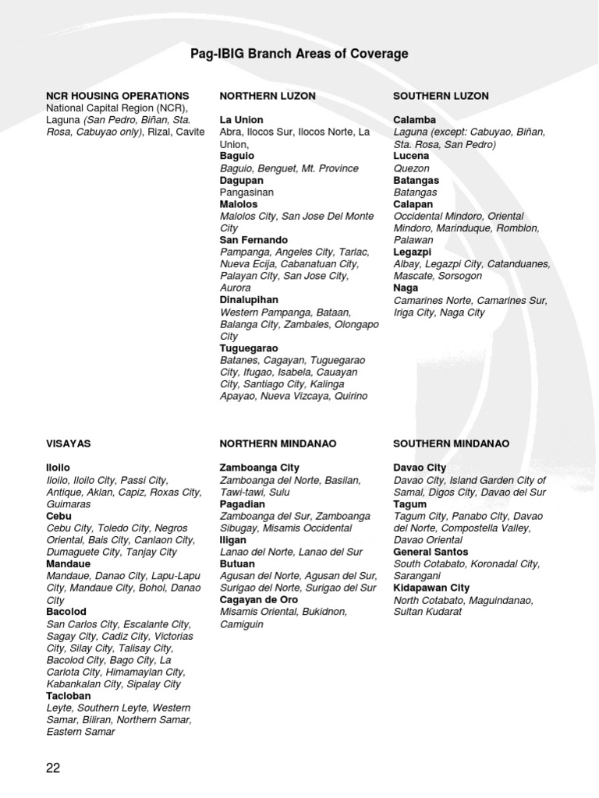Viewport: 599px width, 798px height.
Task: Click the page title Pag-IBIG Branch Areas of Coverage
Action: click(299, 54)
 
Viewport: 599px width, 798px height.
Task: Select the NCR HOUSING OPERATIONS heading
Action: click(118, 96)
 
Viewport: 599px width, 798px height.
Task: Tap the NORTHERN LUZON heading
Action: click(268, 96)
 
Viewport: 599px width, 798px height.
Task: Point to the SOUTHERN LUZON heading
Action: click(441, 96)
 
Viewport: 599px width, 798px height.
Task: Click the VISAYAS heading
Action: click(69, 443)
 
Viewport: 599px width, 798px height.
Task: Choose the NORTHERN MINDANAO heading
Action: click(278, 443)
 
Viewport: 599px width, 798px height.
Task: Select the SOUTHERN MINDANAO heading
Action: click(451, 443)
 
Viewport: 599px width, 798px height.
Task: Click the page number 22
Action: click(53, 768)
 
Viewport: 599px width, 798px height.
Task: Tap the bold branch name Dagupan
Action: click(242, 180)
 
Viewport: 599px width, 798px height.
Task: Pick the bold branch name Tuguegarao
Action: click(249, 348)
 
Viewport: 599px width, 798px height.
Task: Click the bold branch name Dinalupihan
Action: click(249, 300)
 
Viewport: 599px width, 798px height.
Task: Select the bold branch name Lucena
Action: click(411, 156)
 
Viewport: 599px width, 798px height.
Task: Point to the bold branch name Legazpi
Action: click(413, 252)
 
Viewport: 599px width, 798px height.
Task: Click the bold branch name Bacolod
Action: click(66, 613)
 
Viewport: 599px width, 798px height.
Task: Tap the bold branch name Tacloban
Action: click(69, 696)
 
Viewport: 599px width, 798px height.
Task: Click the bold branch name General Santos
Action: click(430, 552)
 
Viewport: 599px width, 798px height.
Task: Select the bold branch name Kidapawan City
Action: click(431, 588)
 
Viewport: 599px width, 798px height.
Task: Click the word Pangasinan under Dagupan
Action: click(246, 192)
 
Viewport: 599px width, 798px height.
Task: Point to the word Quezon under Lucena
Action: click(411, 168)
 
